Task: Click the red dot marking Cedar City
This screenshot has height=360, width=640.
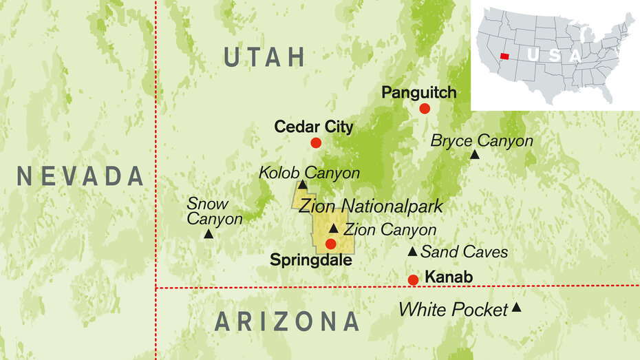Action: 316,143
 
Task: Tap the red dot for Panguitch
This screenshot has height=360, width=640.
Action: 425,109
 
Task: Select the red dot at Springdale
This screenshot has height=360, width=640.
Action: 331,244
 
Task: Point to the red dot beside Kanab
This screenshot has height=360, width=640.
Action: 413,279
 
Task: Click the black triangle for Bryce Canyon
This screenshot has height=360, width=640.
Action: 475,154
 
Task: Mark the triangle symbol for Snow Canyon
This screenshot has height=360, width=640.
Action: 209,234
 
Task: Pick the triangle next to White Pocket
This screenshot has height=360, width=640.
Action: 516,308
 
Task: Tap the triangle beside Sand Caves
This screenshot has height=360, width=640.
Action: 412,251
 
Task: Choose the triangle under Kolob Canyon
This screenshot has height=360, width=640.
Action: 303,184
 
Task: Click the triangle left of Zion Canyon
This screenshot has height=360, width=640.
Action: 334,229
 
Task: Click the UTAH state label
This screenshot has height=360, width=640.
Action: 265,58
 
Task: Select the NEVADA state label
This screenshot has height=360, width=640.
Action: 81,176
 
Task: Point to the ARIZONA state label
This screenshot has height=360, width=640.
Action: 287,321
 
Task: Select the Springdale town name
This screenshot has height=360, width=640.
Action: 311,261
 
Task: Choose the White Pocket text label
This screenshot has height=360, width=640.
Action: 453,310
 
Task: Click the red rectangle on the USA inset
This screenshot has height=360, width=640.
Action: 505,56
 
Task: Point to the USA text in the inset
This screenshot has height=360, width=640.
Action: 554,55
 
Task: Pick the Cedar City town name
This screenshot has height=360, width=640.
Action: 314,127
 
